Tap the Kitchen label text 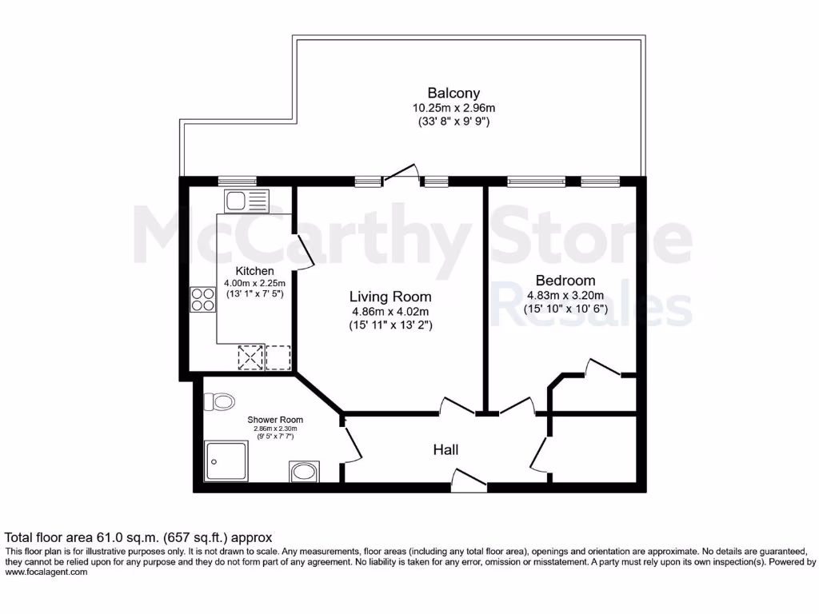click(x=254, y=271)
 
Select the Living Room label click(x=391, y=297)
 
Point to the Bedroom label click(x=565, y=281)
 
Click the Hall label click(x=445, y=450)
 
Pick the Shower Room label click(x=275, y=420)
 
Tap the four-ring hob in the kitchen click(x=202, y=299)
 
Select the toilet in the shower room click(x=219, y=400)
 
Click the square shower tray click(x=226, y=463)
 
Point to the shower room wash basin click(x=304, y=472)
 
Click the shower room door click(x=353, y=444)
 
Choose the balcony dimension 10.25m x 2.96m click(x=453, y=108)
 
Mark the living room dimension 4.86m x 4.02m click(x=391, y=312)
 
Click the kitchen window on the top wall click(x=232, y=182)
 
